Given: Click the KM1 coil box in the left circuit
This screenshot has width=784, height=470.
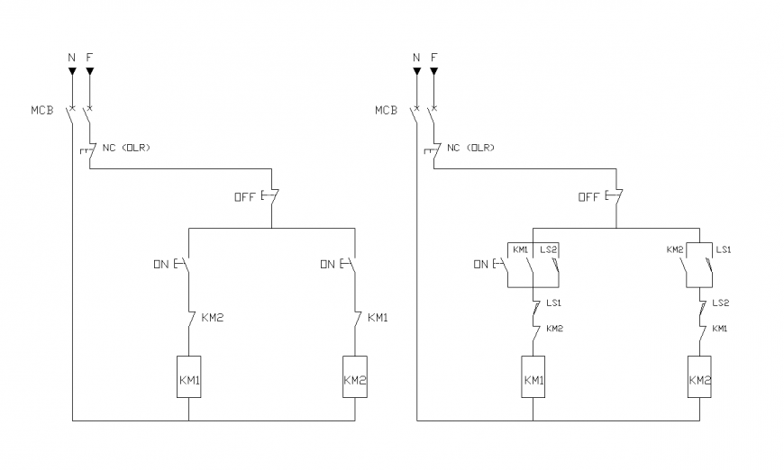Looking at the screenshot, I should [x=188, y=380].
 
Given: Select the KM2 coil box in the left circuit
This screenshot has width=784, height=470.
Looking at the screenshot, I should [x=355, y=380].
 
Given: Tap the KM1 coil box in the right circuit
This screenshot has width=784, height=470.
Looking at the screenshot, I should [x=533, y=380].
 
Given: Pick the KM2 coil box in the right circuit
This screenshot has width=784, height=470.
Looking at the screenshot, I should [x=700, y=380].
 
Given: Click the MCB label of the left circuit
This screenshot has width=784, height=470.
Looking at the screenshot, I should [x=42, y=111].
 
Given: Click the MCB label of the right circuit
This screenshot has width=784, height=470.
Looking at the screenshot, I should [x=386, y=111].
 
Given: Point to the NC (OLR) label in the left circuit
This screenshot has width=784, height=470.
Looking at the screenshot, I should [x=126, y=147].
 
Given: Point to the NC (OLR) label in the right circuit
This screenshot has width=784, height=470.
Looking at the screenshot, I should [x=470, y=147].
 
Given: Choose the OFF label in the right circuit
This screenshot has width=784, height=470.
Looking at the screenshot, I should [x=588, y=197].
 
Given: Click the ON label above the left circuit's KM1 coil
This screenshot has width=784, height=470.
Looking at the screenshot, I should [x=161, y=264].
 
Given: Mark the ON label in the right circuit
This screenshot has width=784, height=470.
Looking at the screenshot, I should [x=481, y=265].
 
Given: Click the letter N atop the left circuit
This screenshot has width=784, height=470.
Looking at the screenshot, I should [x=72, y=57].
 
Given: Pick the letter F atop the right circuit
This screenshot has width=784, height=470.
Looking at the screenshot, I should [x=433, y=57].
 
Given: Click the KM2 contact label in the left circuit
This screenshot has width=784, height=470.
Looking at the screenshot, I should [x=214, y=316].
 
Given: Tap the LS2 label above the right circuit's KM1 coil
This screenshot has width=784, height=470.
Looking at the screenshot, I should [x=549, y=249].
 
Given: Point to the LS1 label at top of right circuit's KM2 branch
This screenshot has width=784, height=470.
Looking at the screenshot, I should [x=723, y=249].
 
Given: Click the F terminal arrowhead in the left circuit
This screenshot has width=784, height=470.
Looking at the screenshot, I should [x=89, y=69].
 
